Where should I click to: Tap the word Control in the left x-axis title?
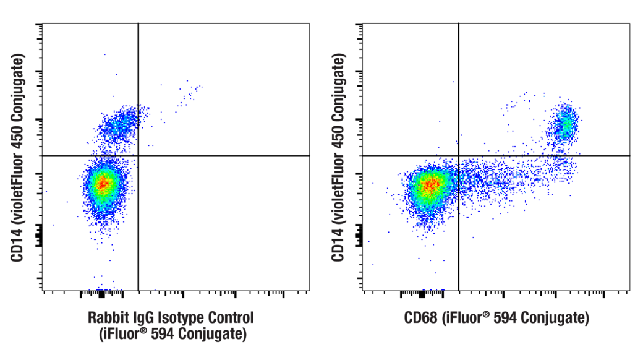pyautogui.click(x=231, y=319)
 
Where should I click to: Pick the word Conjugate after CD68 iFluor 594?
pyautogui.click(x=553, y=319)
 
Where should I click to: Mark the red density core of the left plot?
pyautogui.click(x=103, y=184)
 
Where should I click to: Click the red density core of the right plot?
pyautogui.click(x=430, y=184)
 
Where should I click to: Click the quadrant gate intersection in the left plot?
pyautogui.click(x=138, y=156)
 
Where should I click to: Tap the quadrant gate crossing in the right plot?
pyautogui.click(x=459, y=156)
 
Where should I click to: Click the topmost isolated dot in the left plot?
pyautogui.click(x=104, y=54)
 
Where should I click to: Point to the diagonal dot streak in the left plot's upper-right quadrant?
pyautogui.click(x=189, y=95)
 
